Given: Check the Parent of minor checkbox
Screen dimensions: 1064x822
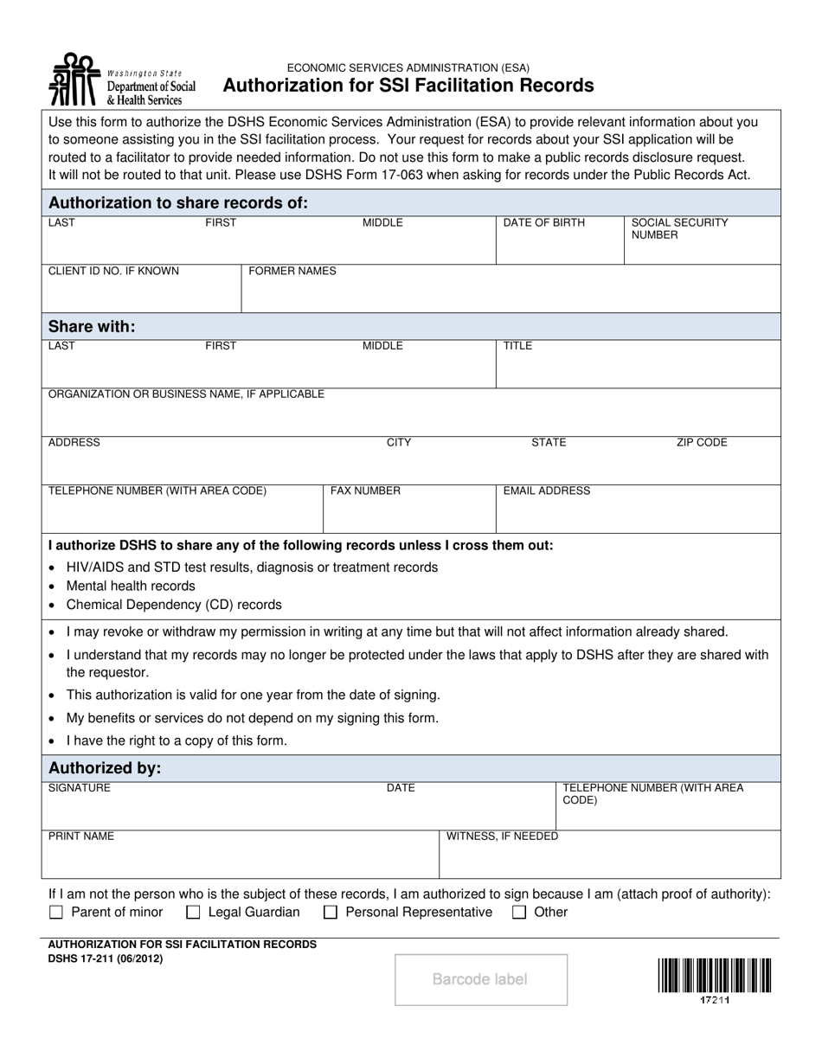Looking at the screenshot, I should pyautogui.click(x=57, y=912).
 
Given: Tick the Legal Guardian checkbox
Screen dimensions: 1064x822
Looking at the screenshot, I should pyautogui.click(x=194, y=912).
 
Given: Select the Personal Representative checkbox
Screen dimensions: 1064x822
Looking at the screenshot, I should pyautogui.click(x=331, y=912).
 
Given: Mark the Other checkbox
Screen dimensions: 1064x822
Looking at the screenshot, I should pyautogui.click(x=519, y=912).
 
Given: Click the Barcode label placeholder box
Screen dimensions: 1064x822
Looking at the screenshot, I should pyautogui.click(x=481, y=979).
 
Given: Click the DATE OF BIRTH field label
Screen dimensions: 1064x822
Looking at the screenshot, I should pyautogui.click(x=544, y=223).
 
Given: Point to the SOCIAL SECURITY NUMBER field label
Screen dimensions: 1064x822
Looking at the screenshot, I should pyautogui.click(x=679, y=228).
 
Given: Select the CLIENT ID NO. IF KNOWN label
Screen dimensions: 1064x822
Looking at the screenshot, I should pyautogui.click(x=113, y=272).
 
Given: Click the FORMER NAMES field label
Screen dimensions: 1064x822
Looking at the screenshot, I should pyautogui.click(x=292, y=272).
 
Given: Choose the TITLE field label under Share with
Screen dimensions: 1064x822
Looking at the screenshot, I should pyautogui.click(x=518, y=346).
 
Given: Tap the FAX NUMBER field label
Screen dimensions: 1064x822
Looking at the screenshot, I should pyautogui.click(x=365, y=491).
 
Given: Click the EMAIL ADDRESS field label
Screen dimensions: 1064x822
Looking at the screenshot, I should pyautogui.click(x=547, y=491).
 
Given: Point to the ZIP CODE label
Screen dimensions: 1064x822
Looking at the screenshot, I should pyautogui.click(x=702, y=443).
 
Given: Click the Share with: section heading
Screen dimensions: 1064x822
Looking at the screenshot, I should pyautogui.click(x=92, y=326).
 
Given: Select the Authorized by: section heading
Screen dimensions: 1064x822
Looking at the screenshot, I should pyautogui.click(x=105, y=768).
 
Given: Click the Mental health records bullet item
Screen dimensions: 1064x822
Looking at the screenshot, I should pyautogui.click(x=131, y=586).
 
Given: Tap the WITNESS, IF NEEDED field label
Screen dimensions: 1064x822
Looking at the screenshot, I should pyautogui.click(x=502, y=836).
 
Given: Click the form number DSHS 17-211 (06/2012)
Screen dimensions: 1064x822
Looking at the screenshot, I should pyautogui.click(x=105, y=958).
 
